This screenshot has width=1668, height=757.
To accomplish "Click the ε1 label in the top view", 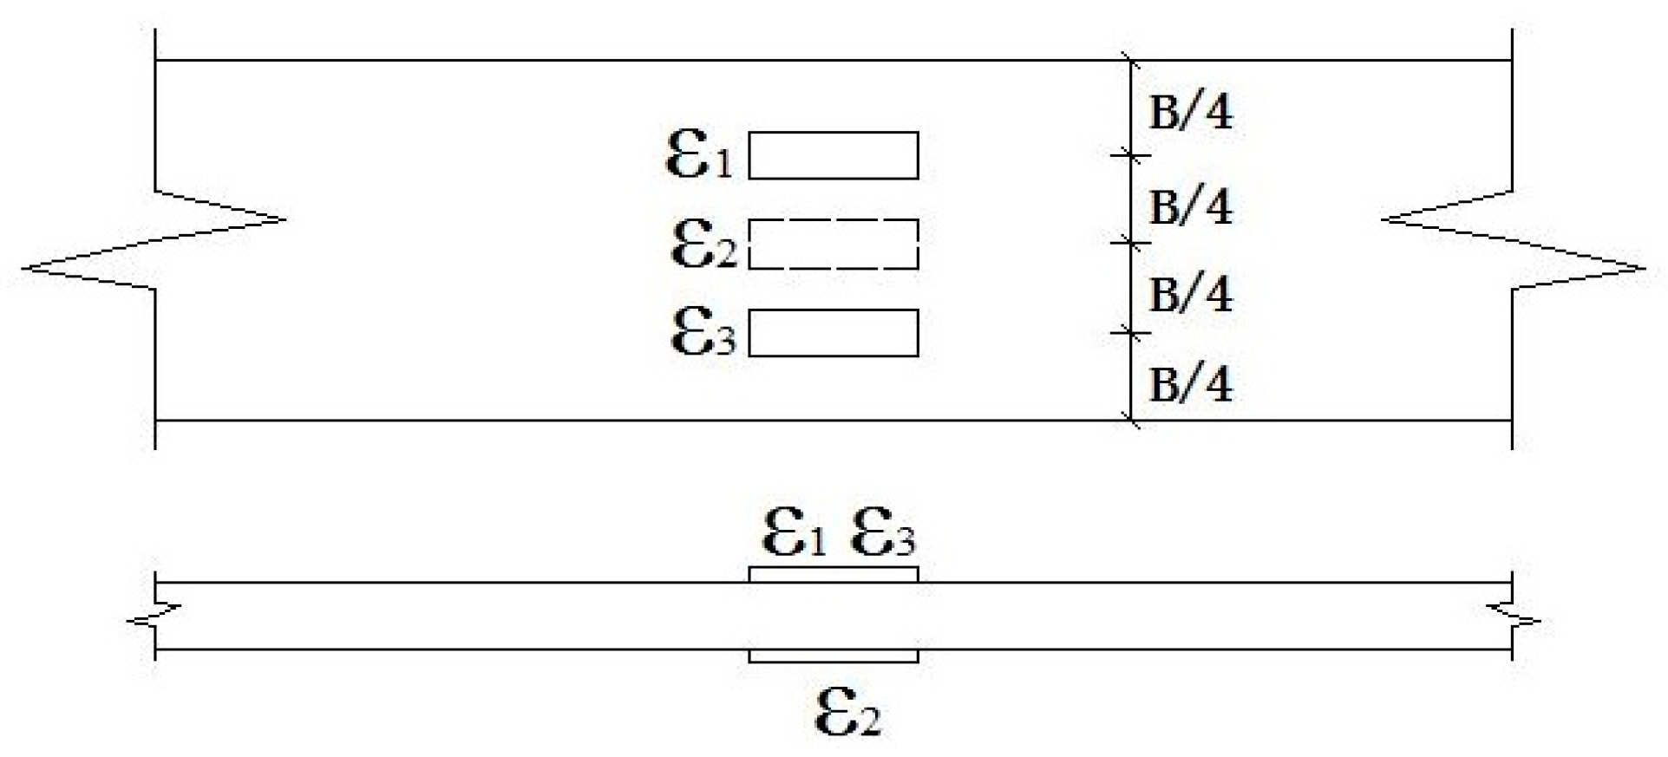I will [x=698, y=156].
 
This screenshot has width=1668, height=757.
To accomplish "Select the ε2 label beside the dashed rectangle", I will [x=703, y=245].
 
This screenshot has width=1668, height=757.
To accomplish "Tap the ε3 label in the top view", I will [x=703, y=334].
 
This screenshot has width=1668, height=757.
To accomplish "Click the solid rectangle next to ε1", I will [x=833, y=155].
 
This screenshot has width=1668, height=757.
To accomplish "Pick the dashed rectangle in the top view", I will [x=833, y=245].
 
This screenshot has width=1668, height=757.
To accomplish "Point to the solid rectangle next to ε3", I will [x=833, y=333].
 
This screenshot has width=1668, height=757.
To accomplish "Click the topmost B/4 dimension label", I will [x=1190, y=113].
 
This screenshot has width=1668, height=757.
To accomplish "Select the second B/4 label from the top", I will [x=1190, y=207].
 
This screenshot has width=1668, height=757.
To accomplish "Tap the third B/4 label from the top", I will [x=1190, y=295].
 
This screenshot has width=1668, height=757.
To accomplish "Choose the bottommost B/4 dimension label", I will [x=1190, y=384].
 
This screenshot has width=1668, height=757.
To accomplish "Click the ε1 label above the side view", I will [x=794, y=532].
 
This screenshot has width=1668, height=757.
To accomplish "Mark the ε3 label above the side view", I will [x=883, y=532].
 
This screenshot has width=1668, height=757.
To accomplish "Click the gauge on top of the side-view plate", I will [x=833, y=575].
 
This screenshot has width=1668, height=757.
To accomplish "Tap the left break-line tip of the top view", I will [x=24, y=265].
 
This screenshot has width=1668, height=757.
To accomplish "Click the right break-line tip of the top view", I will [x=1643, y=267].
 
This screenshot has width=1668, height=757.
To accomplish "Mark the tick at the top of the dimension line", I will [x=1130, y=61].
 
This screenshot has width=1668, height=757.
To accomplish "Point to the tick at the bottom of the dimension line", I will [x=1130, y=421].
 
